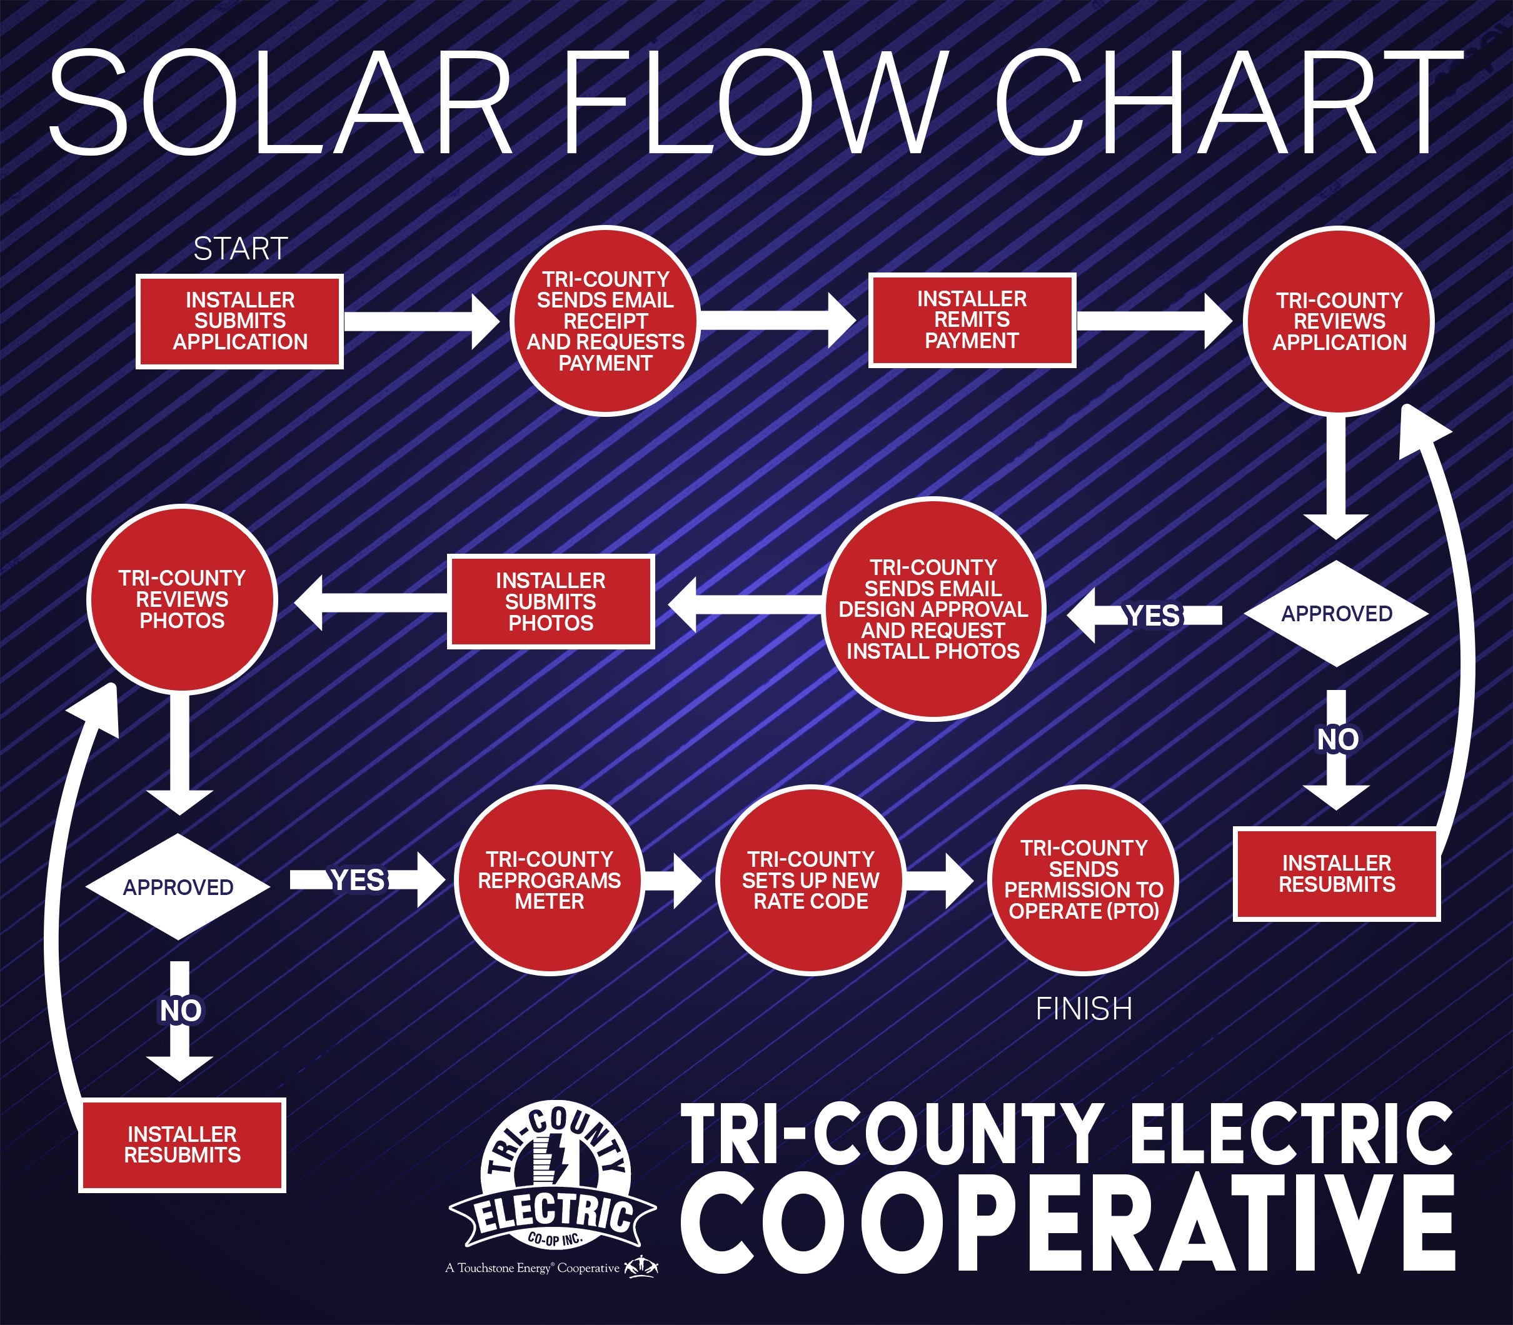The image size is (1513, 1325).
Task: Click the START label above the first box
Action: click(240, 249)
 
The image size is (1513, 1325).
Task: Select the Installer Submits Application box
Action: click(239, 321)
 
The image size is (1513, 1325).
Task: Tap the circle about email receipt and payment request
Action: click(605, 321)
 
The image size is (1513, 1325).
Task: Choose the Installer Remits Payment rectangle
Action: click(972, 320)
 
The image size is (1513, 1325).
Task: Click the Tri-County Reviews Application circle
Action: click(1339, 321)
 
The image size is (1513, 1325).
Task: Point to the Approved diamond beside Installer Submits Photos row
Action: click(1336, 614)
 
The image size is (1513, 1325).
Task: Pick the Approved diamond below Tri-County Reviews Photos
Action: click(178, 886)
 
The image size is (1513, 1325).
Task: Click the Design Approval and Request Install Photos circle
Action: click(933, 609)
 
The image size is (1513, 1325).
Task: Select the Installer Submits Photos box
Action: click(551, 601)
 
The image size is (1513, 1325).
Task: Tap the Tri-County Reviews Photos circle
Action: click(182, 599)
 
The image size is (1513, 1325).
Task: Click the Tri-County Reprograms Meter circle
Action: click(550, 880)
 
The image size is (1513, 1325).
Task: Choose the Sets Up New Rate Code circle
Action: click(810, 880)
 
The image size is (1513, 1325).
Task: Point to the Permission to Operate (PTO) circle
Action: click(1083, 880)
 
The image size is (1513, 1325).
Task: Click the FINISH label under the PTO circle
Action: click(1083, 1009)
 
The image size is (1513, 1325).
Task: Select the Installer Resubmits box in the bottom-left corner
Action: click(182, 1144)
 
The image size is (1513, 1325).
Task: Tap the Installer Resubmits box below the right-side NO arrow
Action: click(1337, 874)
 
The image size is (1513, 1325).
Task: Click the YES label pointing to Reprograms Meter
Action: click(358, 880)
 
